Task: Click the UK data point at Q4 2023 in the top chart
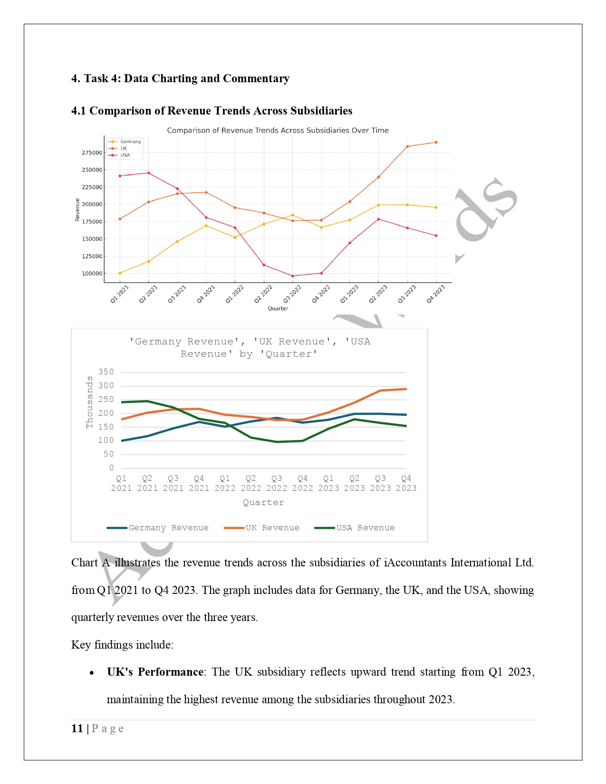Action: tap(436, 143)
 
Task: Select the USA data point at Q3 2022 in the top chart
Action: tap(292, 276)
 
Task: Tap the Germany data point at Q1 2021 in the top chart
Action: tap(120, 273)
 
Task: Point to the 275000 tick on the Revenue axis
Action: tap(92, 153)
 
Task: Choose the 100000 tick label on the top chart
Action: tap(92, 274)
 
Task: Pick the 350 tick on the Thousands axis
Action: tap(106, 372)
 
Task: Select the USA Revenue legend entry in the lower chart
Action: tap(365, 528)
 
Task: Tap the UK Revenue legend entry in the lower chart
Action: tap(272, 528)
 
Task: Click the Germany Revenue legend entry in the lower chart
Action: tap(168, 528)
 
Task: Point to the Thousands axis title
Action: tap(89, 402)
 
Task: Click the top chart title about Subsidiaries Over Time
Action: tap(278, 130)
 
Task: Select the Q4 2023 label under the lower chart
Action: tap(406, 483)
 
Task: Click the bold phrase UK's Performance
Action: tap(155, 672)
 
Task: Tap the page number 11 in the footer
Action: tap(77, 728)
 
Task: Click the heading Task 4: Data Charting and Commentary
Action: tap(180, 78)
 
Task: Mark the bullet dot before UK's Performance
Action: tap(92, 673)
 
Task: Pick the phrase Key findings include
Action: tap(122, 645)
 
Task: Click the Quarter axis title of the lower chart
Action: tap(263, 503)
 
